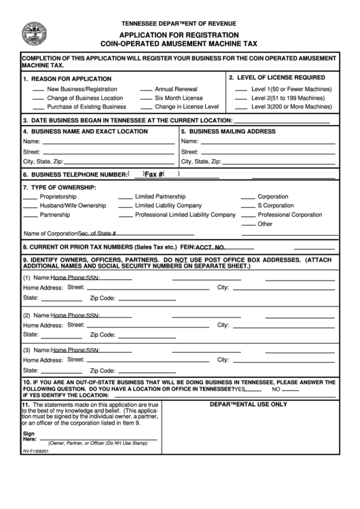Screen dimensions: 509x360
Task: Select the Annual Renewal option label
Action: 176,89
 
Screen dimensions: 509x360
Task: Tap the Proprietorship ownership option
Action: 58,196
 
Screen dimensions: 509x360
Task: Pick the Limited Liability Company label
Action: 168,205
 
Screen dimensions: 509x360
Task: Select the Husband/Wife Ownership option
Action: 73,205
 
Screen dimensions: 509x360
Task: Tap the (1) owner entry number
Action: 26,278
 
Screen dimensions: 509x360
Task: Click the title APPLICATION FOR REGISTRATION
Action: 179,34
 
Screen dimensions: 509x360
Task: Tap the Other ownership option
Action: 265,224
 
